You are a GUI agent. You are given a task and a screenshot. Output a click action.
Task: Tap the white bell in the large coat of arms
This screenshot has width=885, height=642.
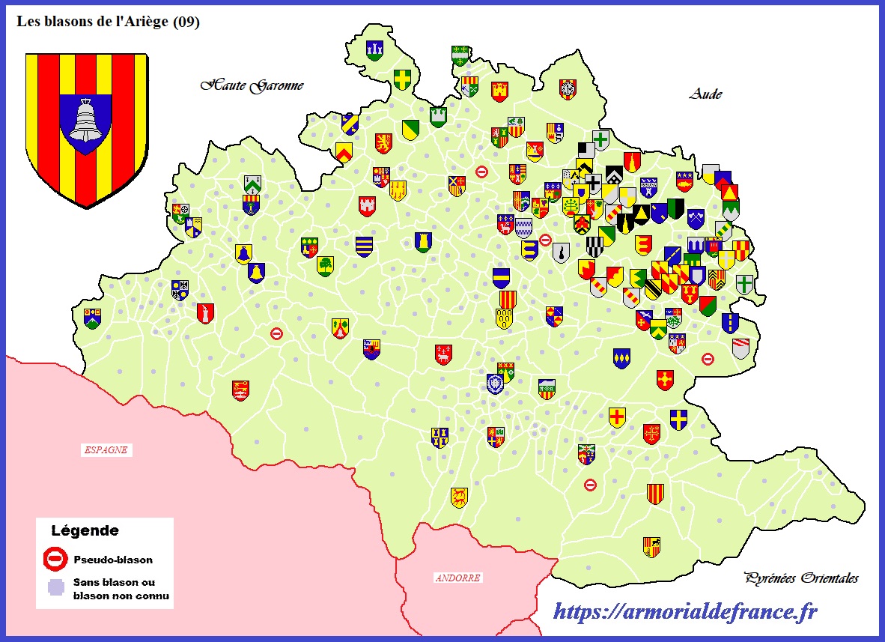85,120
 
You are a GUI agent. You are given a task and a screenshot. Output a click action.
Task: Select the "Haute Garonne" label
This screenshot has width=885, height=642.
252,85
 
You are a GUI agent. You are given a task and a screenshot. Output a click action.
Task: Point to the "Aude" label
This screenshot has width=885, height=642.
705,94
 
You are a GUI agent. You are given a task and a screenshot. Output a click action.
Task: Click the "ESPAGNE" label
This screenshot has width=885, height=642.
106,450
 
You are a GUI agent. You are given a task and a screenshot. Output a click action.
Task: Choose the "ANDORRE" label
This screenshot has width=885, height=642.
457,578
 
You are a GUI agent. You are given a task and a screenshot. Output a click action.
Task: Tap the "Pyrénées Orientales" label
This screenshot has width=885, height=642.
801,578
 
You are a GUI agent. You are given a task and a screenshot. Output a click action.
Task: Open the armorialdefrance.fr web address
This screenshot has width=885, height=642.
684,612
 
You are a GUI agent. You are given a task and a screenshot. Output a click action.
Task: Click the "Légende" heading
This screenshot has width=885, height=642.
85,531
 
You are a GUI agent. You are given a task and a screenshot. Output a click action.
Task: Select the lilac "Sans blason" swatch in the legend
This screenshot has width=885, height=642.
55,588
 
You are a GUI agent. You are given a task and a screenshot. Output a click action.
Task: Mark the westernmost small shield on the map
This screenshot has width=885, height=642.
92,318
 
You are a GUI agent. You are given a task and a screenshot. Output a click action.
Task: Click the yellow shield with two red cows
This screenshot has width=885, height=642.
459,497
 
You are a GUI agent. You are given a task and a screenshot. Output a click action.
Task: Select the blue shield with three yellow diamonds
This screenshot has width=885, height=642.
621,358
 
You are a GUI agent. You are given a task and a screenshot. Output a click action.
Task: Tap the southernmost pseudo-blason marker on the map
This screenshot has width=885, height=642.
590,485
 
